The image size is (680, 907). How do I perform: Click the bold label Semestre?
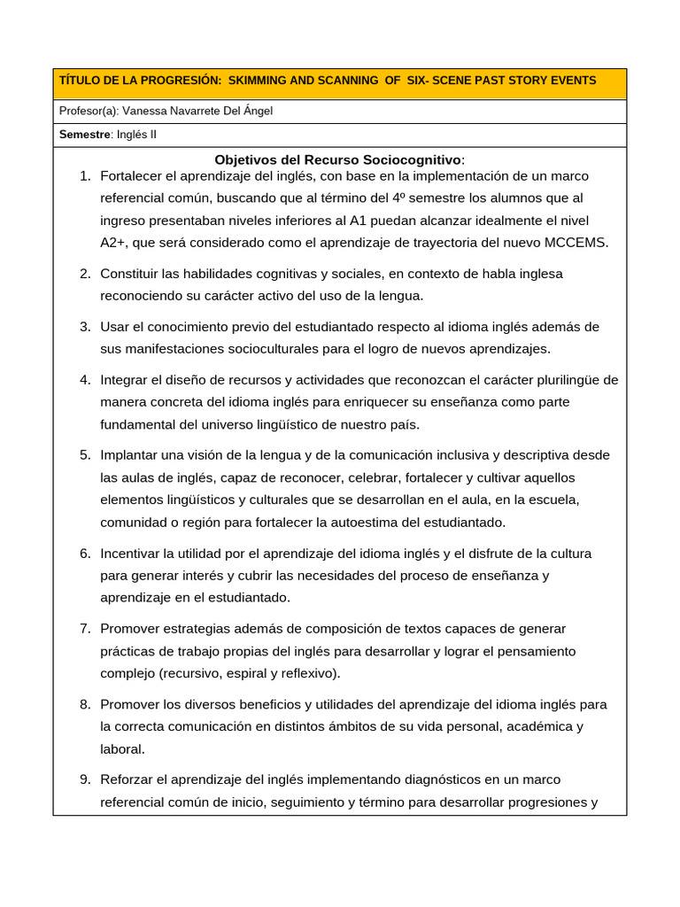(x=85, y=135)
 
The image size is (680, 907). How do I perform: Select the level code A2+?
(x=114, y=243)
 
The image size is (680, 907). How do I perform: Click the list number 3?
(x=86, y=327)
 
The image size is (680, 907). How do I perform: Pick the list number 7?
(x=86, y=629)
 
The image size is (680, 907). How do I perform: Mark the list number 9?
(x=86, y=779)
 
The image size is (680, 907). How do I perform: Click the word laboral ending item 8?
(x=121, y=748)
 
